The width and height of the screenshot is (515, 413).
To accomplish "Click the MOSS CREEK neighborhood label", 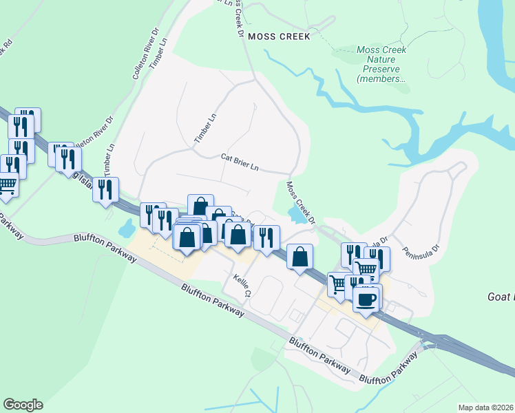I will click(x=279, y=36).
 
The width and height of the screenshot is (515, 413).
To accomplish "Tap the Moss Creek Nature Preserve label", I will click(x=381, y=64).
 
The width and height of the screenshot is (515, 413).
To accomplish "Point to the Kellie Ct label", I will click(x=243, y=284).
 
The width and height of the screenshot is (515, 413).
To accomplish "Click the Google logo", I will click(x=23, y=405).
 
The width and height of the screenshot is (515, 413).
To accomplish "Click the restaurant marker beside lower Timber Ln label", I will click(x=105, y=189).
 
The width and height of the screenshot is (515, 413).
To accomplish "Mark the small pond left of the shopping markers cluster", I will click(x=127, y=226).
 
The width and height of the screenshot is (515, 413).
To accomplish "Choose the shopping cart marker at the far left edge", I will click(x=6, y=186).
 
